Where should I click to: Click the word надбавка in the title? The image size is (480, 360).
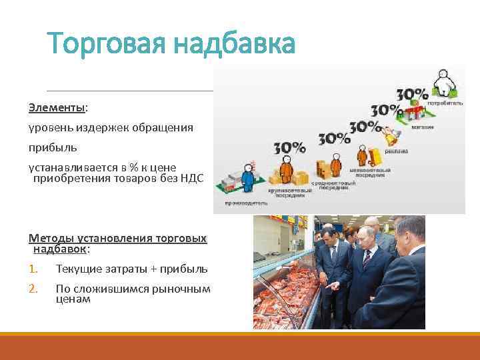[x=233, y=45]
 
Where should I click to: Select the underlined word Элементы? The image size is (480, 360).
[x=57, y=107]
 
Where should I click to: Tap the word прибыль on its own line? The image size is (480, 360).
[x=53, y=146]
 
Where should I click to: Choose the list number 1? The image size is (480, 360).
[x=33, y=269]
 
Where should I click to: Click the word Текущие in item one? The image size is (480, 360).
[x=78, y=269]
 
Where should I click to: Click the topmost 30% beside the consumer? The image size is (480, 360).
[x=412, y=94]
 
